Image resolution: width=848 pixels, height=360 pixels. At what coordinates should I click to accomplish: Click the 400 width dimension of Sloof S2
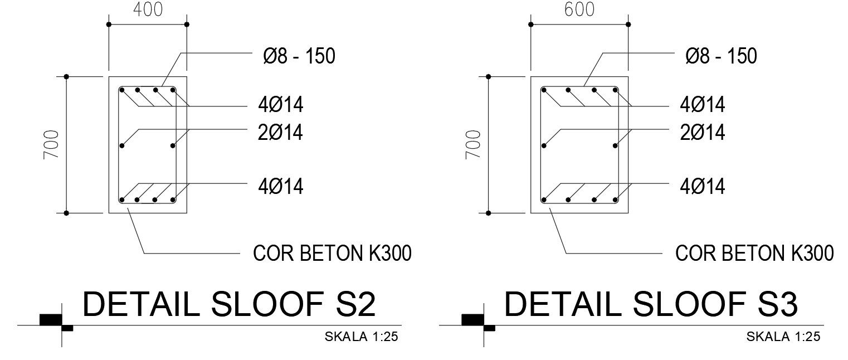[148, 9]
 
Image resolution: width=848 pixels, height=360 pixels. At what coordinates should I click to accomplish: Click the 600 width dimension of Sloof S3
[579, 9]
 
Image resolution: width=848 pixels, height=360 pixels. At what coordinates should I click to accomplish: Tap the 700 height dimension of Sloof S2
[51, 145]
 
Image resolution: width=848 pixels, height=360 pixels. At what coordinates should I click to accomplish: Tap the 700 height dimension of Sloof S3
[474, 145]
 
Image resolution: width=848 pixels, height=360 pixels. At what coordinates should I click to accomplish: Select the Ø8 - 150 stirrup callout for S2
[299, 56]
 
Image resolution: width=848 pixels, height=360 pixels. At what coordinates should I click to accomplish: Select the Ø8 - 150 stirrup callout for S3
[721, 56]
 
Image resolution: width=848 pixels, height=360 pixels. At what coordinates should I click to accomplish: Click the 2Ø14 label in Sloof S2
[280, 133]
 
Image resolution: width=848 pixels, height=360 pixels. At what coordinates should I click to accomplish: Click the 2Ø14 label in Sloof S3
[702, 133]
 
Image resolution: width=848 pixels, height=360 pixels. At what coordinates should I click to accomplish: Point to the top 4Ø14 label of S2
[280, 105]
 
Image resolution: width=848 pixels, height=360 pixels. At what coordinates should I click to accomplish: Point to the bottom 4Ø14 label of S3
[702, 186]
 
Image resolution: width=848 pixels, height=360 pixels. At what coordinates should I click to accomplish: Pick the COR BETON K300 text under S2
[333, 254]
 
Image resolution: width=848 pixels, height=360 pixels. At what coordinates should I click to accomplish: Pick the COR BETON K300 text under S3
[754, 254]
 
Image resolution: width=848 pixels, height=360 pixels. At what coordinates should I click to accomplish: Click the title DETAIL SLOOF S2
[229, 305]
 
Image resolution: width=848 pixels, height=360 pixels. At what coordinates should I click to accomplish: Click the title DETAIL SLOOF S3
[651, 305]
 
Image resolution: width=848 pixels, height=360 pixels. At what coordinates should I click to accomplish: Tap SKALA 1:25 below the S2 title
[362, 337]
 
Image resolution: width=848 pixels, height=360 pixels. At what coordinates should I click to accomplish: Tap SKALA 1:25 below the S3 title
[783, 337]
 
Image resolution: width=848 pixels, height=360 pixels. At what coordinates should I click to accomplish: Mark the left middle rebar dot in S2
[122, 146]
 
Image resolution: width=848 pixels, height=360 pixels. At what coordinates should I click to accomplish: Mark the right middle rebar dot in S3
[615, 146]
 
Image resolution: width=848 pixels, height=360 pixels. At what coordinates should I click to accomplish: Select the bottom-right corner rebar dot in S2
[173, 200]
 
